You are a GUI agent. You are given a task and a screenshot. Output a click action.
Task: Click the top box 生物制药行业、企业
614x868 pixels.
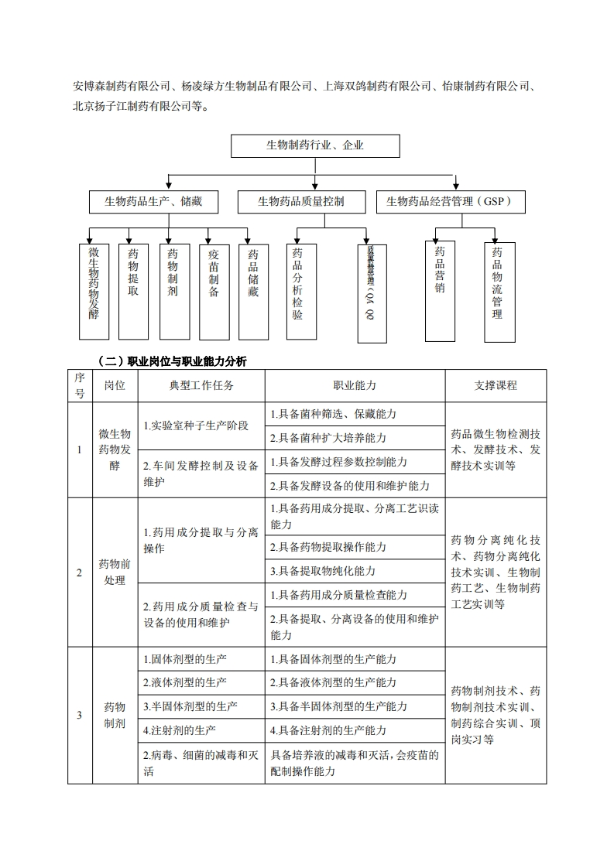(x=315, y=145)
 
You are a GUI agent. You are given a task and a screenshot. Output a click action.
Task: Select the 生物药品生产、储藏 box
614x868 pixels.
(x=153, y=202)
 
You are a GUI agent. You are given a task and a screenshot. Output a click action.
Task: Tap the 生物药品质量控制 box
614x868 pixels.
(x=301, y=202)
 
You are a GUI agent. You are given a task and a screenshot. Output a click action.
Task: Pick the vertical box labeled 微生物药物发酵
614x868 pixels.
(x=94, y=291)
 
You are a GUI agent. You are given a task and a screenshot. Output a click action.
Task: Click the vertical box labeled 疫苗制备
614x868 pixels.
(x=214, y=291)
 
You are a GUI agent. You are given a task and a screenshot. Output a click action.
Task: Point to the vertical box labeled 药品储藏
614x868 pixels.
(x=253, y=291)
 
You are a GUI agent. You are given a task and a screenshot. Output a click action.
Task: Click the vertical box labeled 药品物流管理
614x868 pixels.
(x=498, y=291)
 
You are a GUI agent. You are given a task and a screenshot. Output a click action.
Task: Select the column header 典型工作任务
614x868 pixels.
(x=201, y=385)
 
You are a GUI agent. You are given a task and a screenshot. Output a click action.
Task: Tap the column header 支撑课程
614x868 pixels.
(x=496, y=385)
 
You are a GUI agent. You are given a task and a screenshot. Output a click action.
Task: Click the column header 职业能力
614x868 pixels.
(x=355, y=385)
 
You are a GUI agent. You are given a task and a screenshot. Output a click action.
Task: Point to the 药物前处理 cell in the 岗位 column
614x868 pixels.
(x=115, y=572)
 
